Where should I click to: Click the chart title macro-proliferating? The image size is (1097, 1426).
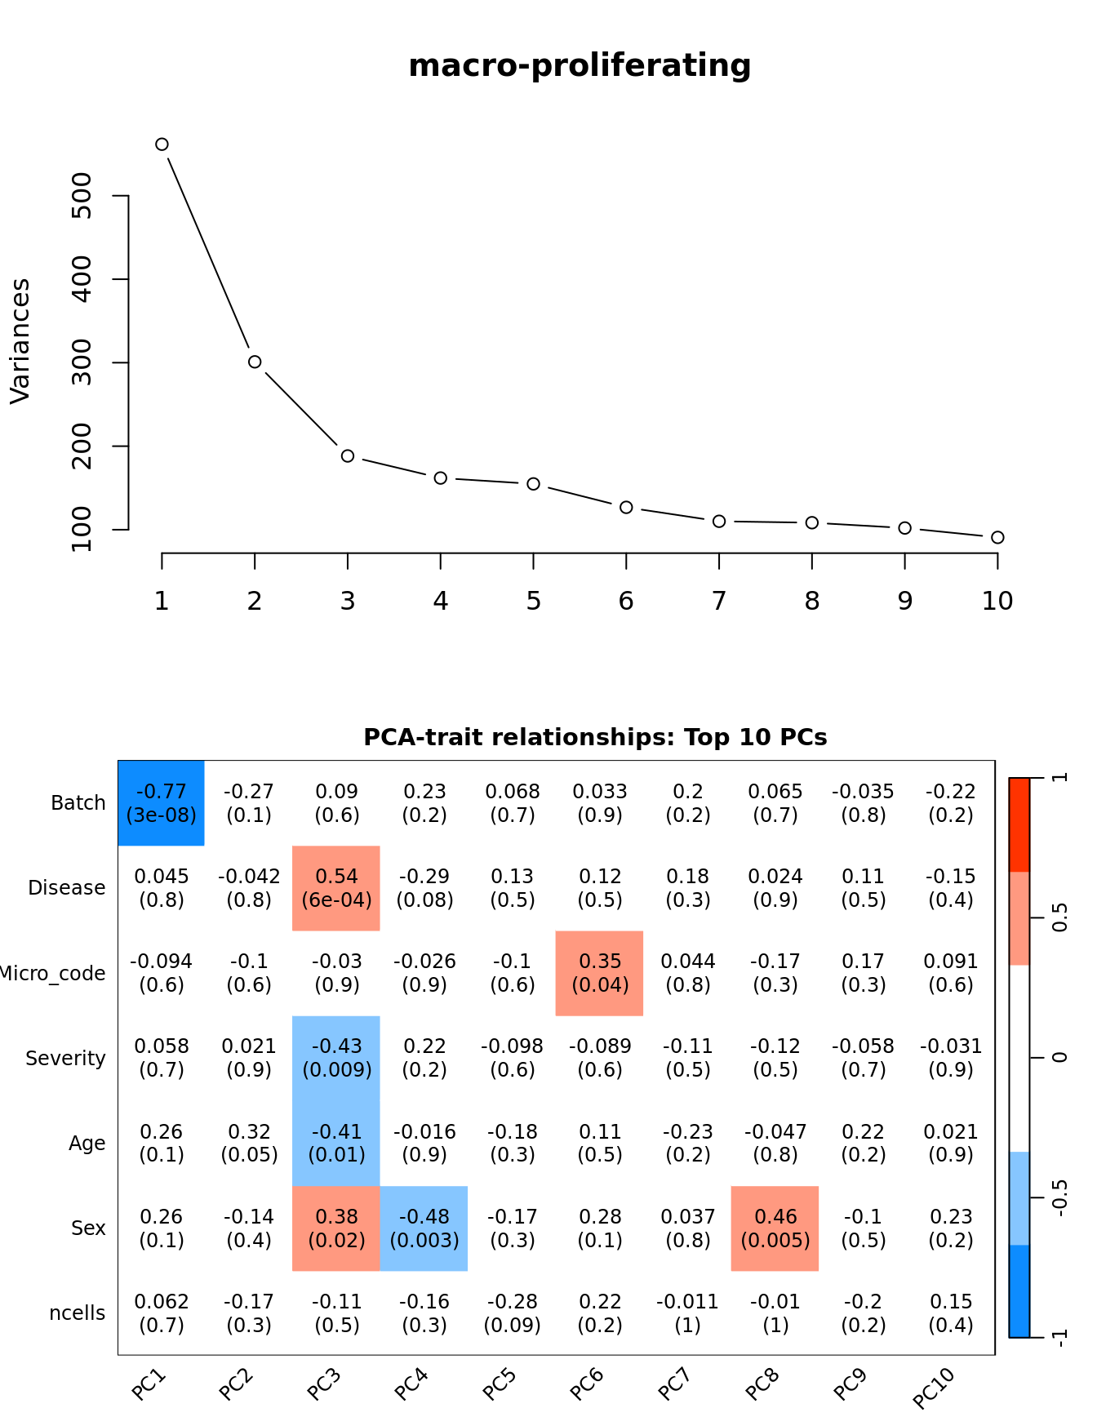tap(580, 65)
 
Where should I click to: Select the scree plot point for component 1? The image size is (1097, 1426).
tap(162, 144)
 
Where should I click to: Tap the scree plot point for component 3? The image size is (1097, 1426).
tap(348, 455)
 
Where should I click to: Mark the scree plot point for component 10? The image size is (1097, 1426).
tap(997, 537)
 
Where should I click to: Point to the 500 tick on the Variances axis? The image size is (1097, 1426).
tap(82, 196)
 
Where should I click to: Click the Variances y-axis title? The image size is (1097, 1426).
tap(20, 341)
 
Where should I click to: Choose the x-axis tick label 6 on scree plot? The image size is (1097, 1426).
tap(626, 602)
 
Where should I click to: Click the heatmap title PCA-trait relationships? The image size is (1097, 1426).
tap(595, 737)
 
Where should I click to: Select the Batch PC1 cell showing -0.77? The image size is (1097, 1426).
tap(162, 803)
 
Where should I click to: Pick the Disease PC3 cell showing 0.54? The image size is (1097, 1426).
tap(336, 888)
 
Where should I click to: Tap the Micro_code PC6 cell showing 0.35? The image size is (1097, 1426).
tap(600, 973)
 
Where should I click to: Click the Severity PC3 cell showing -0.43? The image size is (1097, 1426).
tap(336, 1058)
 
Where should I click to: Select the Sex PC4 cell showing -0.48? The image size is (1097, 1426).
tap(424, 1228)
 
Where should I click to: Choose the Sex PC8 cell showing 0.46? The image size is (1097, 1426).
tap(775, 1228)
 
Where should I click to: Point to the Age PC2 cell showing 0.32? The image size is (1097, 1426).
tap(249, 1143)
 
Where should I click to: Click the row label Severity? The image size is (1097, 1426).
tap(65, 1059)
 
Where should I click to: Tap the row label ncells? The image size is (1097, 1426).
tap(78, 1313)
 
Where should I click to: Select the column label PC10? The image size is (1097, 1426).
tap(934, 1388)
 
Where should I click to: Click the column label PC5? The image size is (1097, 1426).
tap(500, 1384)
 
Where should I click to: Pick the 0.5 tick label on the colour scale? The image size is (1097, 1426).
tap(1059, 917)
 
